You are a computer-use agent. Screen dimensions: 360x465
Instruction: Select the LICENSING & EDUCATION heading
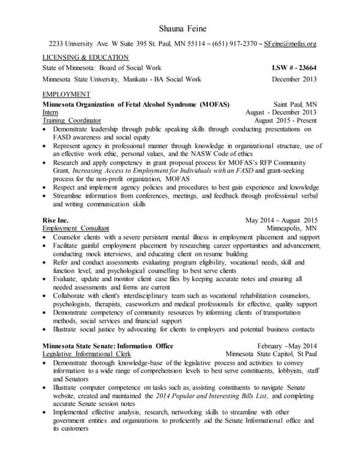[x=86, y=57]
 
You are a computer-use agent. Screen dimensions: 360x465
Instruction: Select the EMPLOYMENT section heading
[x=66, y=94]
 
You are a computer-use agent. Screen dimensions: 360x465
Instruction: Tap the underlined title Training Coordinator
[x=70, y=121]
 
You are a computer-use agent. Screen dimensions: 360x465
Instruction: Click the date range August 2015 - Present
[x=286, y=121]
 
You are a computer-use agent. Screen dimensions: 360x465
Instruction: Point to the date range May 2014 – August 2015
[x=281, y=219]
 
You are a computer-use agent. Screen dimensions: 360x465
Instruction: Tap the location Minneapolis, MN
[x=292, y=228]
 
